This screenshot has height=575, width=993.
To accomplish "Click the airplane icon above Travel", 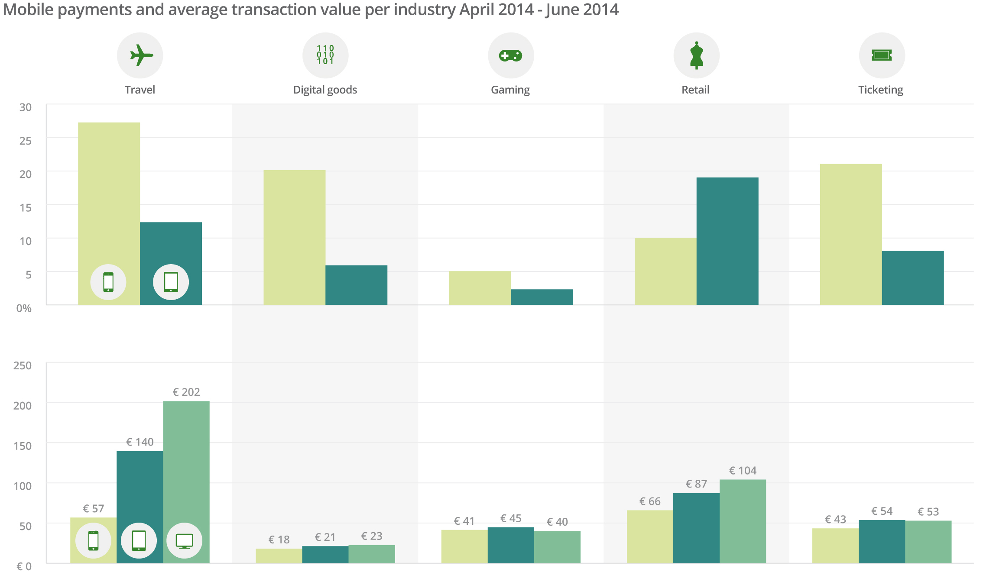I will pos(140,55).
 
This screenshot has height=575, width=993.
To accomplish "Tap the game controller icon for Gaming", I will pos(511,55).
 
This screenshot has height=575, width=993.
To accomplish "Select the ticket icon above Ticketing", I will pos(882,55).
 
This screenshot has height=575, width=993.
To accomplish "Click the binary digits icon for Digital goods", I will pos(325,55).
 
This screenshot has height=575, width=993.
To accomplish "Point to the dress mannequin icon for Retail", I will pos(696,55).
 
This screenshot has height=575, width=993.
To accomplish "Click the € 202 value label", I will pos(186,392).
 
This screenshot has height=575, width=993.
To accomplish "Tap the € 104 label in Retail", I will pos(743,471).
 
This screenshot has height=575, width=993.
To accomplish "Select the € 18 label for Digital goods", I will pos(279,540).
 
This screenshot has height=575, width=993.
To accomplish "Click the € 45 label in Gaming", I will pos(511,519).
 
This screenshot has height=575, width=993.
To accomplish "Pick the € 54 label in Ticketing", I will pos(882,511).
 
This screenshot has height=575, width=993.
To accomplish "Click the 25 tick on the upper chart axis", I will pos(26,141).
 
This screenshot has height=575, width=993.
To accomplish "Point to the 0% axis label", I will pos(24,308).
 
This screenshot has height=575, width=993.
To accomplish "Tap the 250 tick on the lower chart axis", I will pos(23,366).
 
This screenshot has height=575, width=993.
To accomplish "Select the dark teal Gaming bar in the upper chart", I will pos(542,297).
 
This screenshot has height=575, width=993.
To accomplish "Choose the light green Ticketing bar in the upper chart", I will pos(851,234).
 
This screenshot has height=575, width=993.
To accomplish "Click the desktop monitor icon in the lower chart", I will pos(184,541).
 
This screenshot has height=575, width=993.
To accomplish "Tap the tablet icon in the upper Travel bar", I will pos(171,282).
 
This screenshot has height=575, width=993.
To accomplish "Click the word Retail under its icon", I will pos(695,90).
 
